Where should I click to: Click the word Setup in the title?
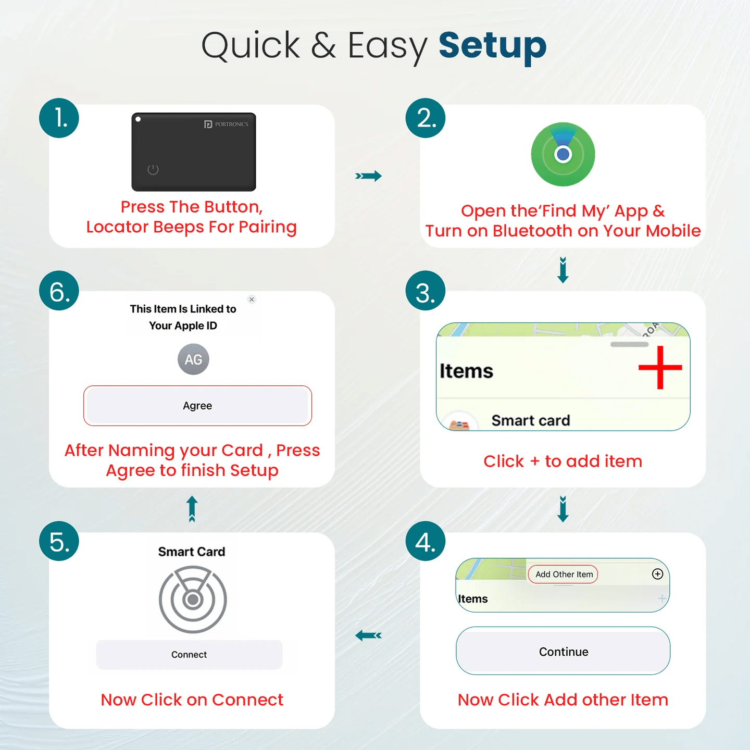(492, 46)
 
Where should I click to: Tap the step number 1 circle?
(59, 118)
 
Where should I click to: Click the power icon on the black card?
(153, 169)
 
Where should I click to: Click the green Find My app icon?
(563, 154)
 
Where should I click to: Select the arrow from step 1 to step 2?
(368, 176)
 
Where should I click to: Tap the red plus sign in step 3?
(660, 368)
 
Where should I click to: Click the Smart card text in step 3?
(531, 420)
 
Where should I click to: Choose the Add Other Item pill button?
(563, 574)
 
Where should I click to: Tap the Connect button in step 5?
(189, 655)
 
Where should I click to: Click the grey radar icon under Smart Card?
(193, 599)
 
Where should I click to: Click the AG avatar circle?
(193, 359)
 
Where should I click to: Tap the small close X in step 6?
(252, 299)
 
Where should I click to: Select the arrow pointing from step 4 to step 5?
(368, 635)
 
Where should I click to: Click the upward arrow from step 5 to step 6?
(192, 508)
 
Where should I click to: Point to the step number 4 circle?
(426, 541)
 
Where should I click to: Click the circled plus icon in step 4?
(658, 574)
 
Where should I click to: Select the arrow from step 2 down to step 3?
(563, 270)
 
